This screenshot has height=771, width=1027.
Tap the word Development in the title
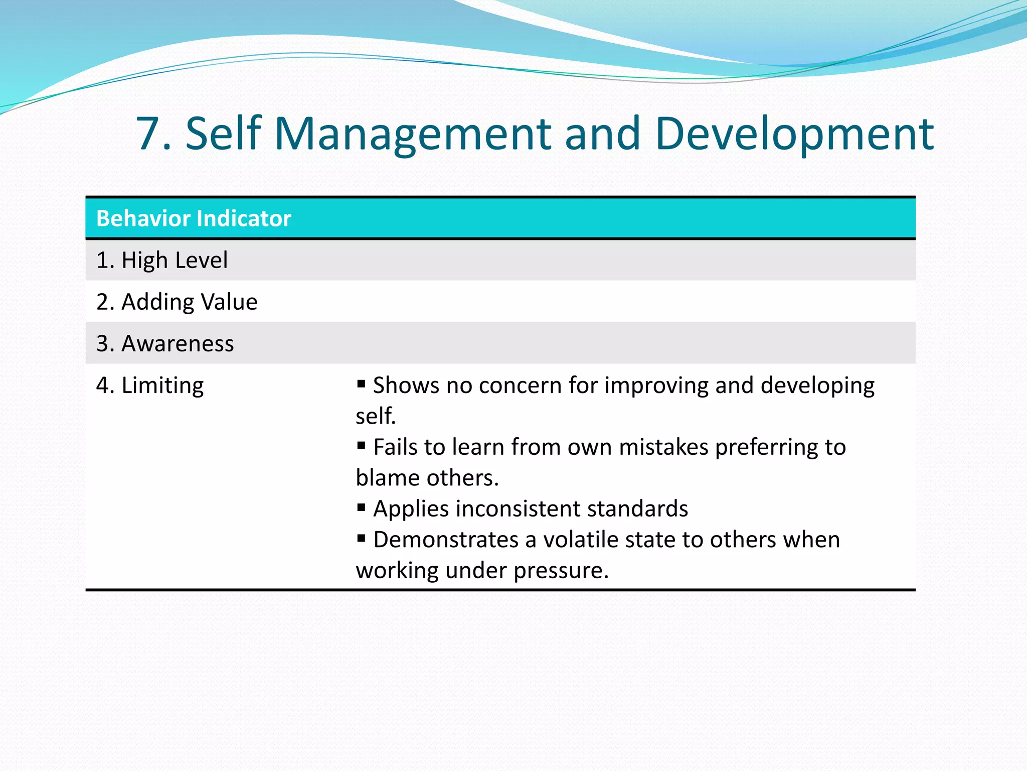coord(794,134)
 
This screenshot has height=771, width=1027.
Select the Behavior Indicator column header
coord(194,218)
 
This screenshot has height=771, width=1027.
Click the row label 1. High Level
coord(161,260)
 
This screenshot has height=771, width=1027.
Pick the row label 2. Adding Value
coord(177,302)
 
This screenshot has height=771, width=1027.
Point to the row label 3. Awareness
coord(165,343)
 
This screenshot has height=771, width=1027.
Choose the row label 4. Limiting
coord(150,385)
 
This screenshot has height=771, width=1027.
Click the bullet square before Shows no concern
coord(361,384)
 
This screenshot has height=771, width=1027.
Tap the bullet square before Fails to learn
coord(361,446)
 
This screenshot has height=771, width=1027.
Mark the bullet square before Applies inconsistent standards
coord(361,507)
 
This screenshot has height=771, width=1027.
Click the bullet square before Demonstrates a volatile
coord(361,539)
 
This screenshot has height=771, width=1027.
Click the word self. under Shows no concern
coord(376,416)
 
